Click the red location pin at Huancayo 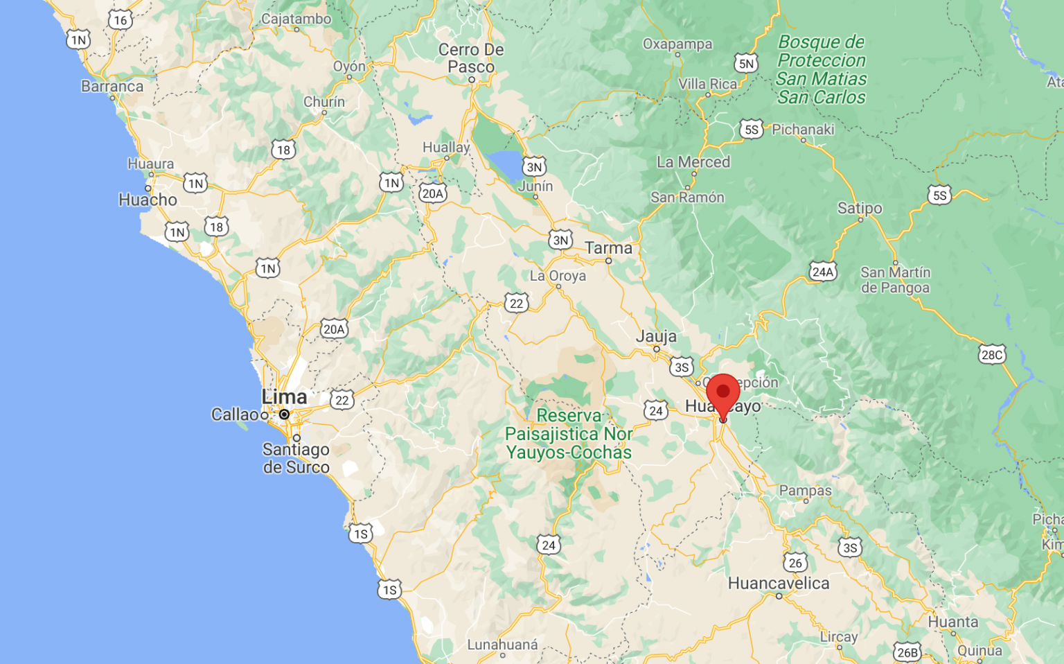coord(722,394)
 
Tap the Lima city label coord(284,397)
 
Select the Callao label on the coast coord(234,414)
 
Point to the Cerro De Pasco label coord(471,58)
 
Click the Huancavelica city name coord(779,584)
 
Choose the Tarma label coord(608,248)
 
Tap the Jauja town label coord(656,336)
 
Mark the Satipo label coord(860,208)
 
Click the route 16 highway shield coord(121,20)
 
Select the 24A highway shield coord(822,272)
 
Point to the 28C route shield coord(991,355)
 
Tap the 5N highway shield coord(746,64)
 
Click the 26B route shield coord(907,652)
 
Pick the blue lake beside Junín coord(506,165)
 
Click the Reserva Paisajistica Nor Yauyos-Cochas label coord(569,434)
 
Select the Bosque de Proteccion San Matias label coord(822,69)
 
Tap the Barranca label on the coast coord(112,87)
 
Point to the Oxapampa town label coord(677,44)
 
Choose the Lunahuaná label coord(502,645)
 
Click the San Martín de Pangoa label coord(895,280)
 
